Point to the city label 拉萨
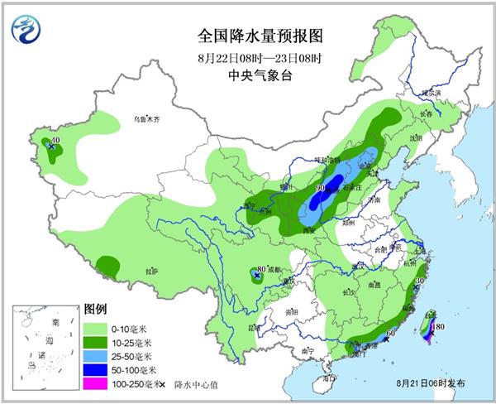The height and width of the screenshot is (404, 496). (x=150, y=271)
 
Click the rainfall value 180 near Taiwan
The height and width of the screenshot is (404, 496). (x=439, y=327)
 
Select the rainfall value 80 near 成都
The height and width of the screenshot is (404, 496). (x=261, y=269)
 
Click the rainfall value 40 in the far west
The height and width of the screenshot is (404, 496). (x=55, y=142)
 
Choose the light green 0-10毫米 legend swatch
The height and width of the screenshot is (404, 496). (x=96, y=329)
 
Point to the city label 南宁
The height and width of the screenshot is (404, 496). (x=307, y=351)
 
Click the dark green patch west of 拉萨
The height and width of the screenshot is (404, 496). (x=107, y=265)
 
